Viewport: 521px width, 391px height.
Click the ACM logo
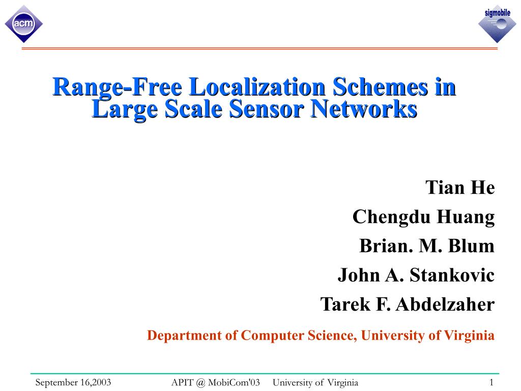point(23,23)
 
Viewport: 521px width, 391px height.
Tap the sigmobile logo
point(497,23)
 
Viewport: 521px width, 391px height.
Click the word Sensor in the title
point(268,108)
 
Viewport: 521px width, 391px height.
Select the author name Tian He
point(460,187)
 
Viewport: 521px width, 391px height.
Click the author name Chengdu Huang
point(423,217)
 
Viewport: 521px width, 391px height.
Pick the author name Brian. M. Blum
point(427,246)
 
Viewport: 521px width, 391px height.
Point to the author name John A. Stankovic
point(416,275)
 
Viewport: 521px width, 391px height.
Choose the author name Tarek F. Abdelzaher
point(407,304)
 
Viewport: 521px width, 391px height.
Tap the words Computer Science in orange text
point(299,336)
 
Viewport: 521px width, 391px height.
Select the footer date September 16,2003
point(73,382)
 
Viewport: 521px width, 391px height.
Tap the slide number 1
point(491,382)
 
